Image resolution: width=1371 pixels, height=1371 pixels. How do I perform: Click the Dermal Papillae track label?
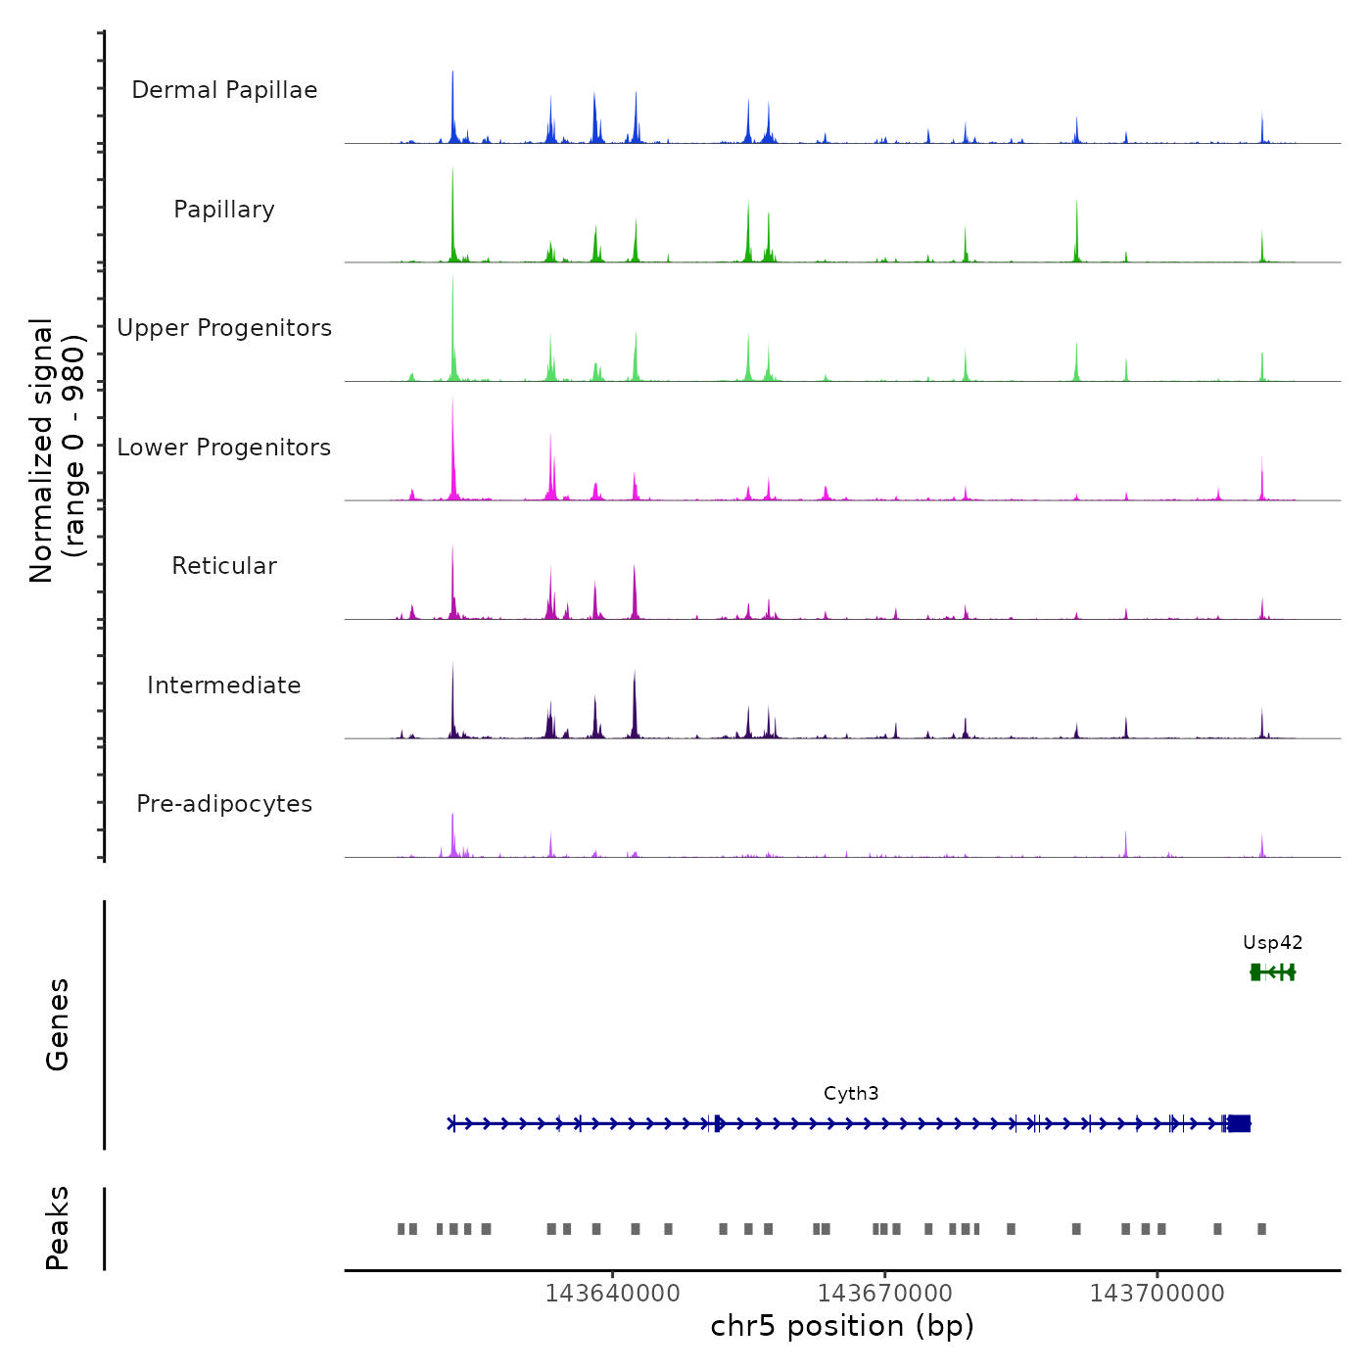(224, 90)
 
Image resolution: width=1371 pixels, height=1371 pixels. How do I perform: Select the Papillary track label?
(224, 210)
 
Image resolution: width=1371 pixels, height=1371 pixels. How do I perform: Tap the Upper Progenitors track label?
(224, 328)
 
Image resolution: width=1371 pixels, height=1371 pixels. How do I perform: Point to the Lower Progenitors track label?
(224, 448)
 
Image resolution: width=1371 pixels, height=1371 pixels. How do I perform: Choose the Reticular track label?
(224, 566)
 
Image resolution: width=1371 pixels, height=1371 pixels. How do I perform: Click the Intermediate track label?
(224, 685)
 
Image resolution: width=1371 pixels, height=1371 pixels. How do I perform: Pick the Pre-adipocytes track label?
(224, 804)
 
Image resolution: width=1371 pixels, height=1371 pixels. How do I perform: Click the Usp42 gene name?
(1272, 943)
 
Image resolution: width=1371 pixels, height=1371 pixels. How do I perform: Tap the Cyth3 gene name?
(851, 1094)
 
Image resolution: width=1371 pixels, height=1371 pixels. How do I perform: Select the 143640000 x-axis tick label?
(612, 1294)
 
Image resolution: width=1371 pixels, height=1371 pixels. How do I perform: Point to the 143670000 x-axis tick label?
(884, 1294)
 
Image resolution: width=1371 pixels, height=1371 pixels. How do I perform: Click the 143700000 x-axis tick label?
(1157, 1294)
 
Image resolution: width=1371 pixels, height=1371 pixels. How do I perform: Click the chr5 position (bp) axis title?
(842, 1326)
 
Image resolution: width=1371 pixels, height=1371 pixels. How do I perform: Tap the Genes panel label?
(58, 1024)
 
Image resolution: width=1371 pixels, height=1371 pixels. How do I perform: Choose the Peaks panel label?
(58, 1228)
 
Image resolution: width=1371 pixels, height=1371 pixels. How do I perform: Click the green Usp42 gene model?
(1272, 971)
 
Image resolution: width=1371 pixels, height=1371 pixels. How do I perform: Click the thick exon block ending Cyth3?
(1239, 1123)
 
